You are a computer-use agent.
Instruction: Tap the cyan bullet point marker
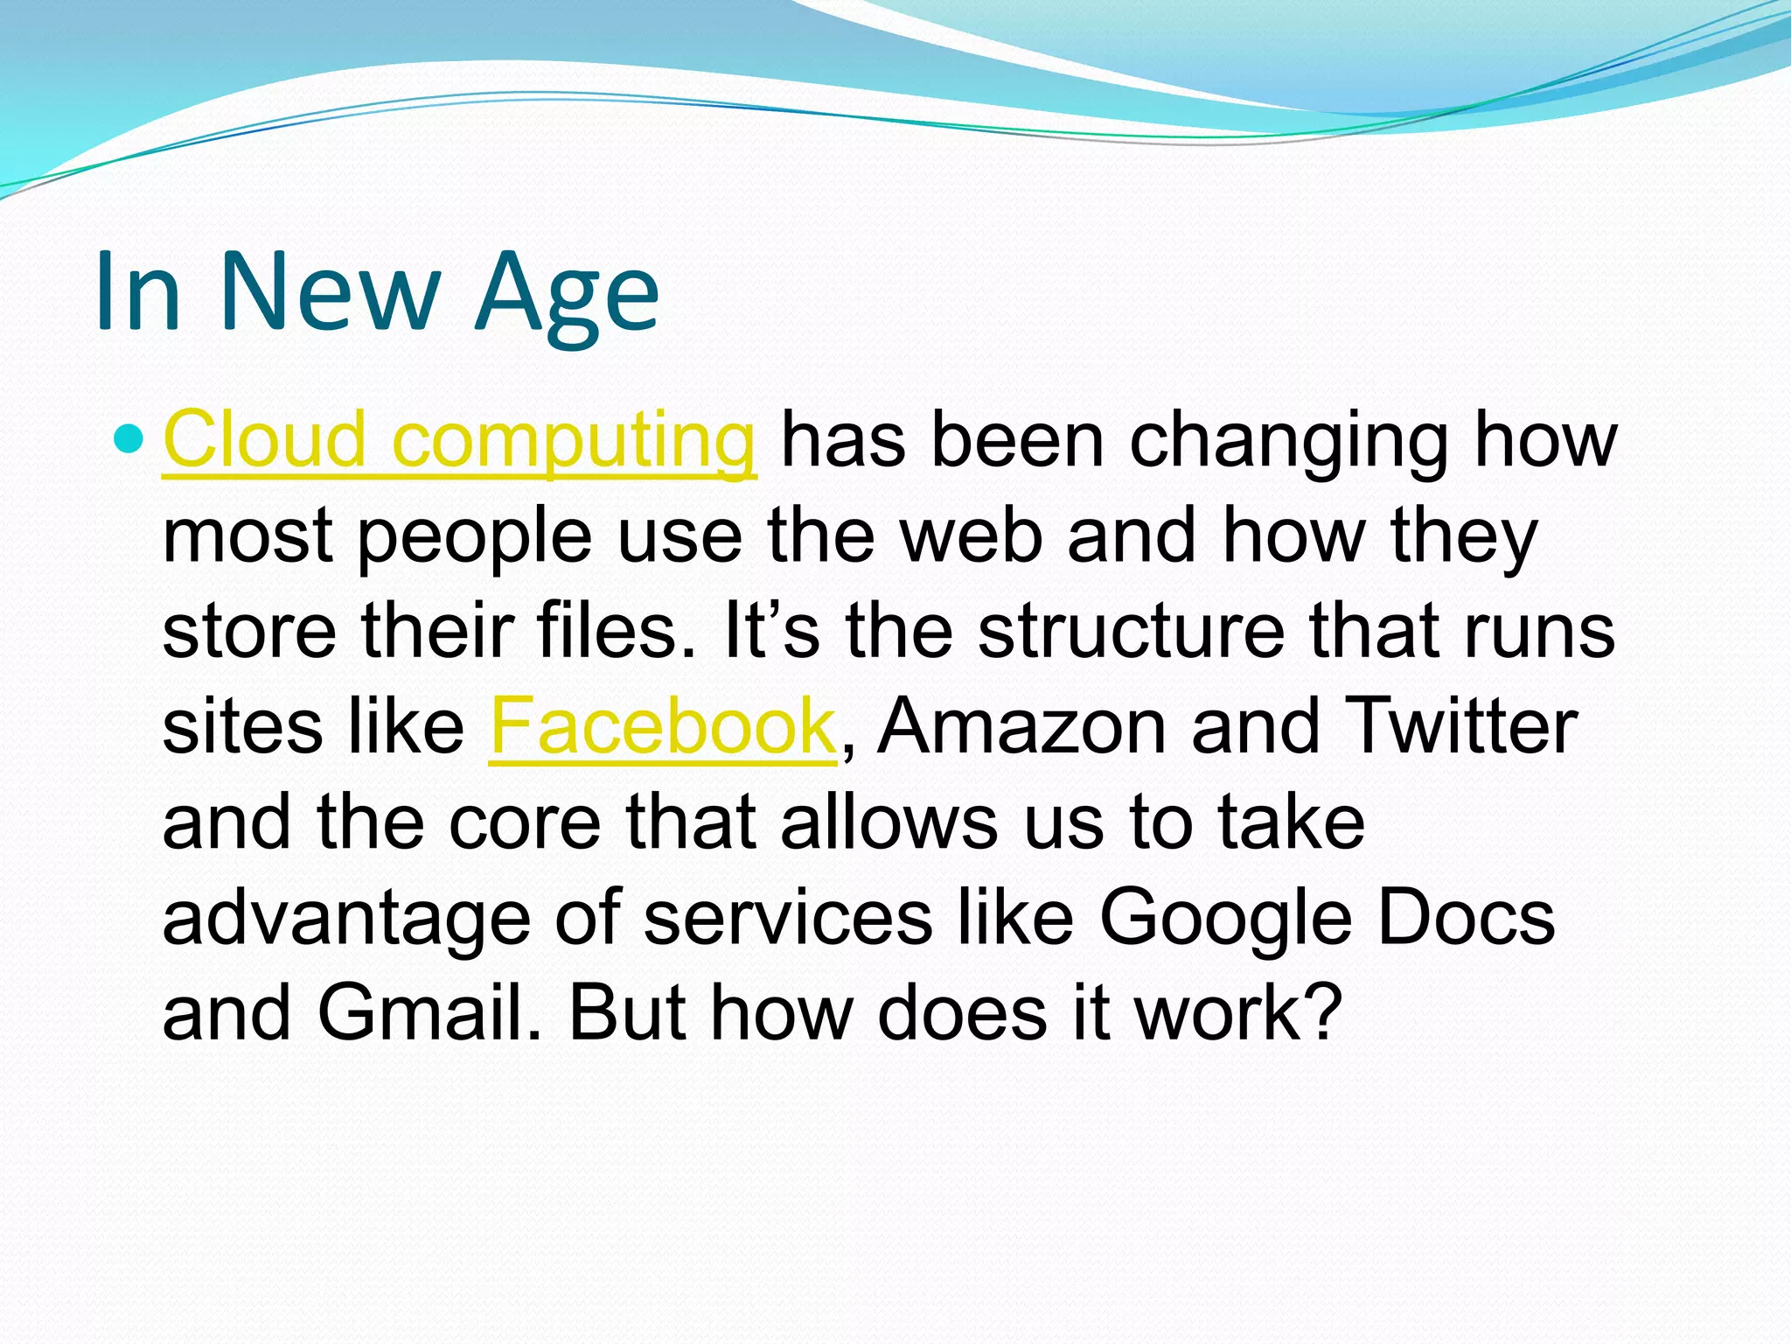pyautogui.click(x=128, y=437)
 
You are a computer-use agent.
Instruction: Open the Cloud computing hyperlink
pyautogui.click(x=459, y=440)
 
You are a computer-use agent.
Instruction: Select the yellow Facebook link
pyautogui.click(x=663, y=726)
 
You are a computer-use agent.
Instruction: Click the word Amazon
pyautogui.click(x=1021, y=726)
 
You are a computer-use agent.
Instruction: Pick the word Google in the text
pyautogui.click(x=1224, y=918)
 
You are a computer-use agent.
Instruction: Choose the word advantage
pyautogui.click(x=346, y=918)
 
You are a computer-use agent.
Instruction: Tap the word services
pyautogui.click(x=788, y=918)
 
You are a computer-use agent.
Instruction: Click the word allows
pyautogui.click(x=889, y=822)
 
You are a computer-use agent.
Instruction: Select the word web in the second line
pyautogui.click(x=971, y=535)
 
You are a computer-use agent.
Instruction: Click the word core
pyautogui.click(x=525, y=822)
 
